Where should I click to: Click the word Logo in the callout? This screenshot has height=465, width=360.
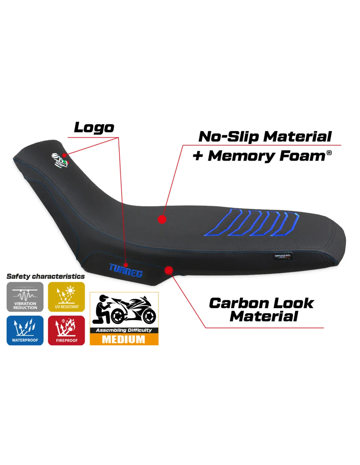point(94,128)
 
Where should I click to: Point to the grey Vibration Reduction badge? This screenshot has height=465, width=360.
point(25,297)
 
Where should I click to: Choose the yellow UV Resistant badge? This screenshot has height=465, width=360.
point(66,297)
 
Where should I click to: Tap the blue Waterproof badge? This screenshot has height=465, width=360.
point(25,330)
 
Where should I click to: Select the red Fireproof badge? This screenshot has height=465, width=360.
point(66,330)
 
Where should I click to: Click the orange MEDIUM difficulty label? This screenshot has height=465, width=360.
point(124,339)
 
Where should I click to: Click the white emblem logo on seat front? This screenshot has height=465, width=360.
point(59,160)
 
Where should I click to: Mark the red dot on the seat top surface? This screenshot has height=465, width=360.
point(162,219)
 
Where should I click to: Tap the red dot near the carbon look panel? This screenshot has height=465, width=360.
point(169,270)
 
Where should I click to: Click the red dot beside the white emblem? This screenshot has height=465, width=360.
point(64,155)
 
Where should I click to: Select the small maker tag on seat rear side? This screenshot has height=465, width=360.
point(282,256)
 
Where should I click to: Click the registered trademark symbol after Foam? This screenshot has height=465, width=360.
point(329,153)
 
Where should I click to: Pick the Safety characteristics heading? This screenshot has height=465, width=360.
point(45,276)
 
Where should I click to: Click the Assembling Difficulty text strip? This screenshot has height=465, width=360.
point(124,330)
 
